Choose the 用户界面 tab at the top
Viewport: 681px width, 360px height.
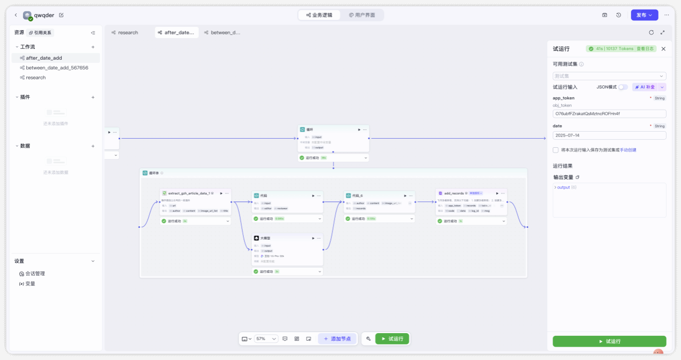(362, 15)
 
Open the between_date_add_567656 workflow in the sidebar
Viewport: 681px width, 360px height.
(57, 68)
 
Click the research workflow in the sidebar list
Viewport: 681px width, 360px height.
(36, 77)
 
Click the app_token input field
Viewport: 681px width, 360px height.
(609, 114)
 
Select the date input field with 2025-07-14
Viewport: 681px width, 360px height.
(609, 135)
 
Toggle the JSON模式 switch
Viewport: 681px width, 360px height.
(622, 87)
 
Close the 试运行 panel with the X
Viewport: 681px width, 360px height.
(663, 49)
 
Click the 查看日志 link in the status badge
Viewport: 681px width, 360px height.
(646, 49)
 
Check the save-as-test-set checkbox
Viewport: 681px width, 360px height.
(556, 150)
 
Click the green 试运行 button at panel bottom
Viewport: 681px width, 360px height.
(609, 341)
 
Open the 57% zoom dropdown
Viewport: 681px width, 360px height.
(266, 339)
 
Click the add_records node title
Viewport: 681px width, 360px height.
(453, 193)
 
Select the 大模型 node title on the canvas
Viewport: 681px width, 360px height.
(265, 237)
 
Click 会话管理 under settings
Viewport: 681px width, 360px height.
(35, 273)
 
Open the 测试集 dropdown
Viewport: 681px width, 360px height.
(609, 76)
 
